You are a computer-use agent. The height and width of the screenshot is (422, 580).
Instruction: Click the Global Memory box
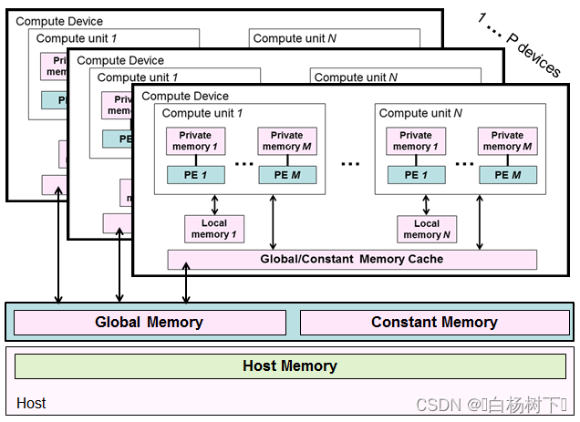pos(149,323)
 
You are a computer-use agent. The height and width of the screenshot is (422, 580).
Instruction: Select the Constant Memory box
pos(434,323)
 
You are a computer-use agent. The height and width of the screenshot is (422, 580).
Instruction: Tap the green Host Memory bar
pos(290,366)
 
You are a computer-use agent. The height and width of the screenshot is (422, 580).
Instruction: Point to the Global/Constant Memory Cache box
pos(352,259)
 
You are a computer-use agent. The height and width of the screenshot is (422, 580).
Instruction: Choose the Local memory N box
pos(427,229)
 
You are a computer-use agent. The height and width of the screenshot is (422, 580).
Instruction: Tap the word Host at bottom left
pos(31,403)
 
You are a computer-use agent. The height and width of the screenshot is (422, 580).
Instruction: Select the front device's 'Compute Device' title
pos(185,96)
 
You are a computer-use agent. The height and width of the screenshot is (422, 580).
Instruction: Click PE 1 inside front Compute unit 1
pos(195,175)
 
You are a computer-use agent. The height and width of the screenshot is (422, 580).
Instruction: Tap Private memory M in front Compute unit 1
pos(287,140)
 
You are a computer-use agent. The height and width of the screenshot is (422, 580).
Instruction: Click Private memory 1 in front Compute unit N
pos(416,140)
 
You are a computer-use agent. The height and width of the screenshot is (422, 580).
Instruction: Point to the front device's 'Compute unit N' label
pos(420,113)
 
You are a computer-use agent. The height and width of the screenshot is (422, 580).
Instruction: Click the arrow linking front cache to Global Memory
pos(186,283)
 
